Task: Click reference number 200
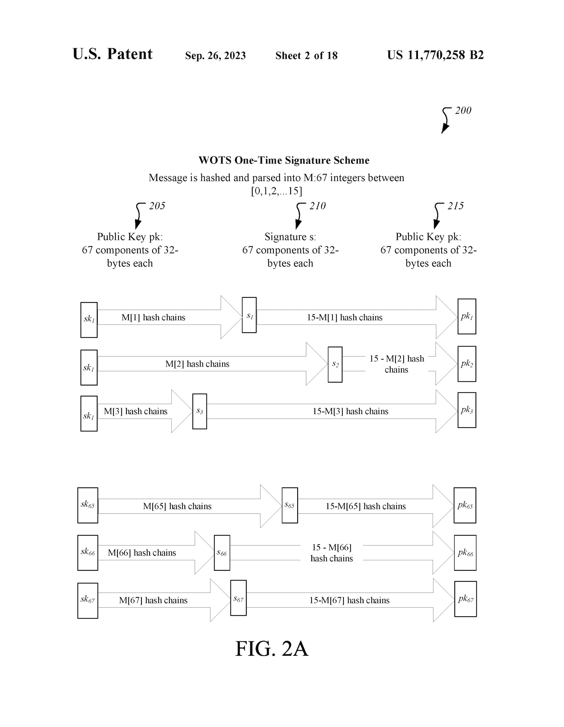coord(463,111)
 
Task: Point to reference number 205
coord(157,206)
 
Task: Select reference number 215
coord(455,206)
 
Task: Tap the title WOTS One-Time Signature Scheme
coord(284,160)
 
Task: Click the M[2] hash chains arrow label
coord(197,364)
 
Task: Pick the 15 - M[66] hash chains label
coord(332,553)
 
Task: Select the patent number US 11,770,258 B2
coord(435,55)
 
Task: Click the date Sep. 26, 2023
coord(215,56)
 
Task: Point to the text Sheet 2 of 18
coord(306,56)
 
